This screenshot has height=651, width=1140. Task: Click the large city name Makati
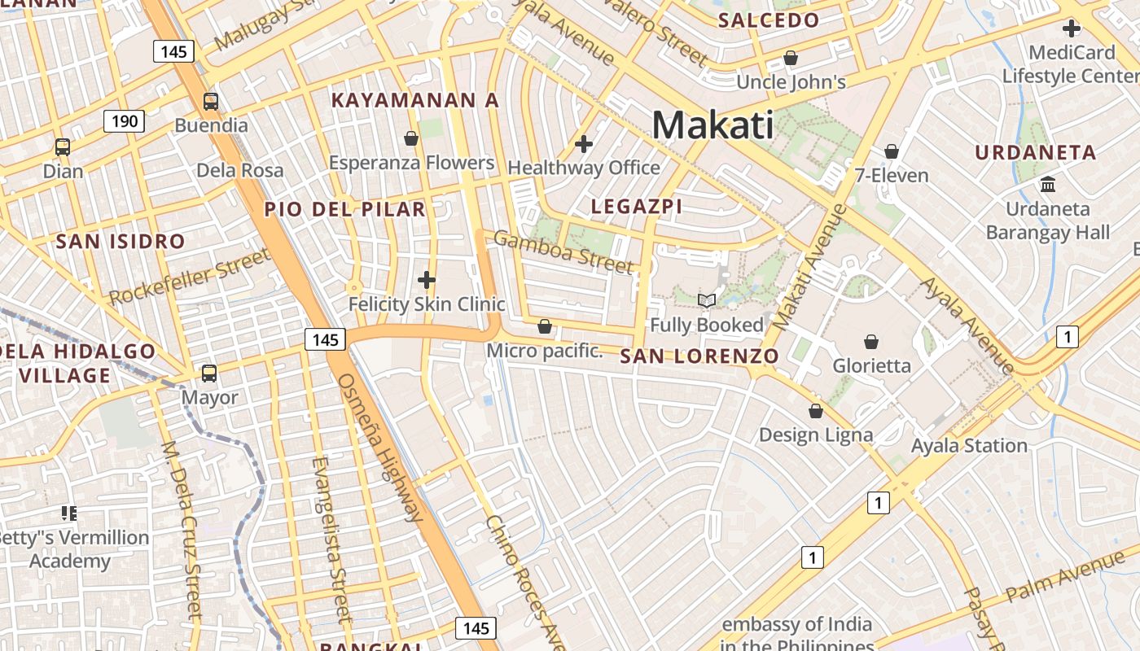[x=712, y=125]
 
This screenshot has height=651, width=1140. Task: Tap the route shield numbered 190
[x=124, y=122]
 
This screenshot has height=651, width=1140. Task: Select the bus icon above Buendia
[x=211, y=102]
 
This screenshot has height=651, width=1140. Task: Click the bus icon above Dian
[x=63, y=147]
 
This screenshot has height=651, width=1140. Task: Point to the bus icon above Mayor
[x=209, y=374]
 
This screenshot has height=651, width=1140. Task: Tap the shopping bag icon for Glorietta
[x=871, y=341]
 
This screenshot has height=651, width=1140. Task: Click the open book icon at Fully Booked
[x=707, y=301]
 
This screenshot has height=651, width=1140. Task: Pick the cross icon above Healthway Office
[x=583, y=144]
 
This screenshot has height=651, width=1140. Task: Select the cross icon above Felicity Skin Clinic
[x=427, y=280]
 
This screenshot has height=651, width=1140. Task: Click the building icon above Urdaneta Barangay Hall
[x=1048, y=185]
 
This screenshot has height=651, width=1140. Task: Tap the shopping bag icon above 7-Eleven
[x=892, y=151]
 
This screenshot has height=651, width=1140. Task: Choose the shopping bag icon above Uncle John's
[x=790, y=58]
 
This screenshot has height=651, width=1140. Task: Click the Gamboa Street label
[x=563, y=251]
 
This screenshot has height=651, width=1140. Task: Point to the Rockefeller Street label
[x=189, y=277]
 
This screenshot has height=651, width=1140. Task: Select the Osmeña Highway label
[x=380, y=447]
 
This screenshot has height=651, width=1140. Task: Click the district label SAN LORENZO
[x=699, y=356]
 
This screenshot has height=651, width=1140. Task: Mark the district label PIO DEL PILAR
[x=344, y=209]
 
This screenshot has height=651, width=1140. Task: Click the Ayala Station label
[x=969, y=445]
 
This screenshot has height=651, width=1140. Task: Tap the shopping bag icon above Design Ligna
[x=815, y=411]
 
